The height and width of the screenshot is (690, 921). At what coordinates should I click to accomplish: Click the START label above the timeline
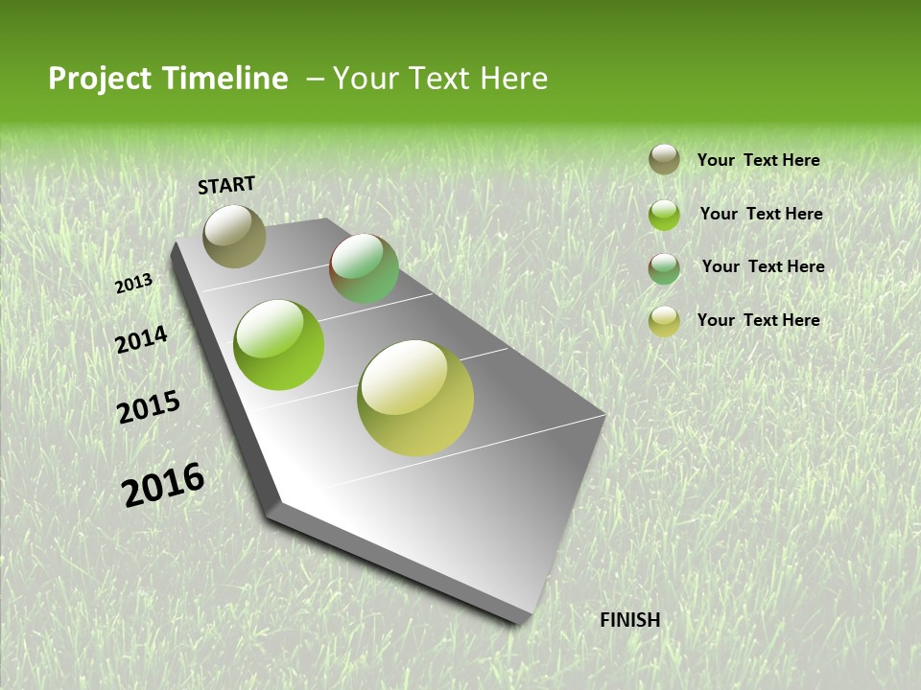tap(226, 185)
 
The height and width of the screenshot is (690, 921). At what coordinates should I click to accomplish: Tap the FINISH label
tap(629, 620)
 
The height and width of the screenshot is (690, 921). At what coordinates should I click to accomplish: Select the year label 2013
tap(134, 284)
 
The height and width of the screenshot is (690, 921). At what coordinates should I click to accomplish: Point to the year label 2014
tap(141, 340)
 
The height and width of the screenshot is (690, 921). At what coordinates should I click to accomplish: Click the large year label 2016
tap(163, 484)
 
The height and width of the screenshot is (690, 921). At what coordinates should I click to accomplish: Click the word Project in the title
tap(100, 79)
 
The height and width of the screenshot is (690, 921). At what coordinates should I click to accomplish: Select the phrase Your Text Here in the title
tap(440, 79)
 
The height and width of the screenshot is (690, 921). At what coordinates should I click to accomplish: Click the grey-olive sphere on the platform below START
tap(235, 236)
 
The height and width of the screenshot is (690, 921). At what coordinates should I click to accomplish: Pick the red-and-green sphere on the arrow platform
tap(364, 269)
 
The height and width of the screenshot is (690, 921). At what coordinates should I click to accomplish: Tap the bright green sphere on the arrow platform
tap(279, 345)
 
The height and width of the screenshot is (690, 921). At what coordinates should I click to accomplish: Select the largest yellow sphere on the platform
tap(415, 398)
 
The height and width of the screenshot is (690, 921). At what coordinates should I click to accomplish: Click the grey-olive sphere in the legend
tap(664, 159)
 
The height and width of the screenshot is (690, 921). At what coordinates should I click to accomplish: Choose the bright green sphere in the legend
tap(664, 215)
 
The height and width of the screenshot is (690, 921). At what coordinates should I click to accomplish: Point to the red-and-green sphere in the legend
tap(664, 268)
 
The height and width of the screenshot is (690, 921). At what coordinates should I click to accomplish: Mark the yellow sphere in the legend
tap(664, 321)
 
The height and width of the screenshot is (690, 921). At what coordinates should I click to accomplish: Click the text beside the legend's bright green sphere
tap(761, 214)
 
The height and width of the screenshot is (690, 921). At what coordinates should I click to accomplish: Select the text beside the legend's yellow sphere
tap(758, 320)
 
